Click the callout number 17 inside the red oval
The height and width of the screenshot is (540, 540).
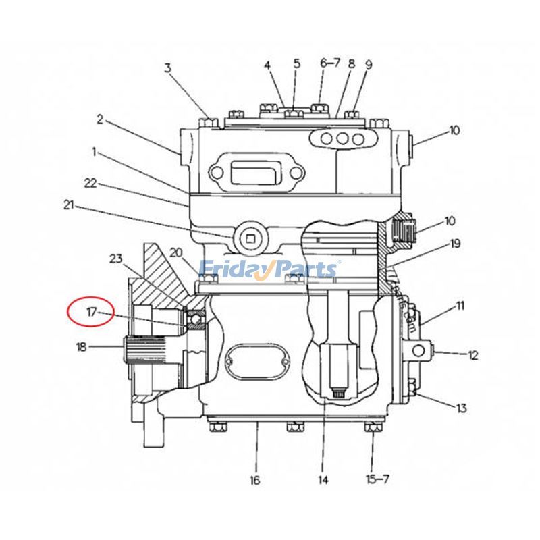[92, 312]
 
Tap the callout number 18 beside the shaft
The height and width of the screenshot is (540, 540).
[82, 347]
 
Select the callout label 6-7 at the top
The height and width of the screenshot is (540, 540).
[330, 63]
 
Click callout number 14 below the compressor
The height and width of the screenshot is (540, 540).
[323, 480]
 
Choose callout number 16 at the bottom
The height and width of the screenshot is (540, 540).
[254, 480]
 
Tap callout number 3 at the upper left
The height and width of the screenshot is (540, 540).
[168, 67]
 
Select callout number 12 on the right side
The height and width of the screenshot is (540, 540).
[473, 355]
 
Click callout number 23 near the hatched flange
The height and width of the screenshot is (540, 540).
[116, 258]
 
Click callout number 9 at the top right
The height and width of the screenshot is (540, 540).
[369, 65]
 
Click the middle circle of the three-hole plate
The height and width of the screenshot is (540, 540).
[343, 140]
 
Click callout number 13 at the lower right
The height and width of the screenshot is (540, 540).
[462, 408]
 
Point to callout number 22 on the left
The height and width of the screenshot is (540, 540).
[90, 182]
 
